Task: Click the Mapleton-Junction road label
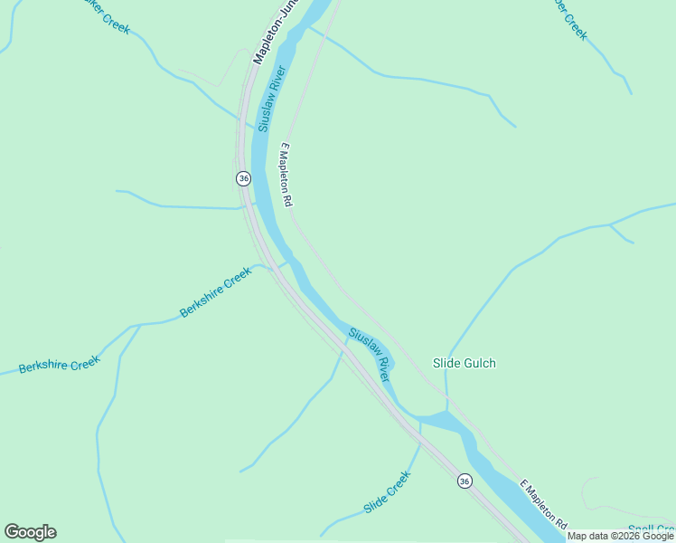pos(275,33)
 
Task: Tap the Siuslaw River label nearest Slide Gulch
pos(370,354)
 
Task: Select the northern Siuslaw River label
pos(272,99)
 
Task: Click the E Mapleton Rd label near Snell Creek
pos(543,504)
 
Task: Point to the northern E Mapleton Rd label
pos(288,176)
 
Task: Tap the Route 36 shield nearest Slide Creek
pos(464,481)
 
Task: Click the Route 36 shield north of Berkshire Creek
pos(243,178)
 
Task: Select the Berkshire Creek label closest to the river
pos(215,292)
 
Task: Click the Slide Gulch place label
pos(465,363)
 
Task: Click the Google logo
pos(30,532)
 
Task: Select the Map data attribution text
pos(620,537)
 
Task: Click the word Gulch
pos(481,363)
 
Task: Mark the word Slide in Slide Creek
pos(375,502)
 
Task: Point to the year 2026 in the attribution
pos(629,537)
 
